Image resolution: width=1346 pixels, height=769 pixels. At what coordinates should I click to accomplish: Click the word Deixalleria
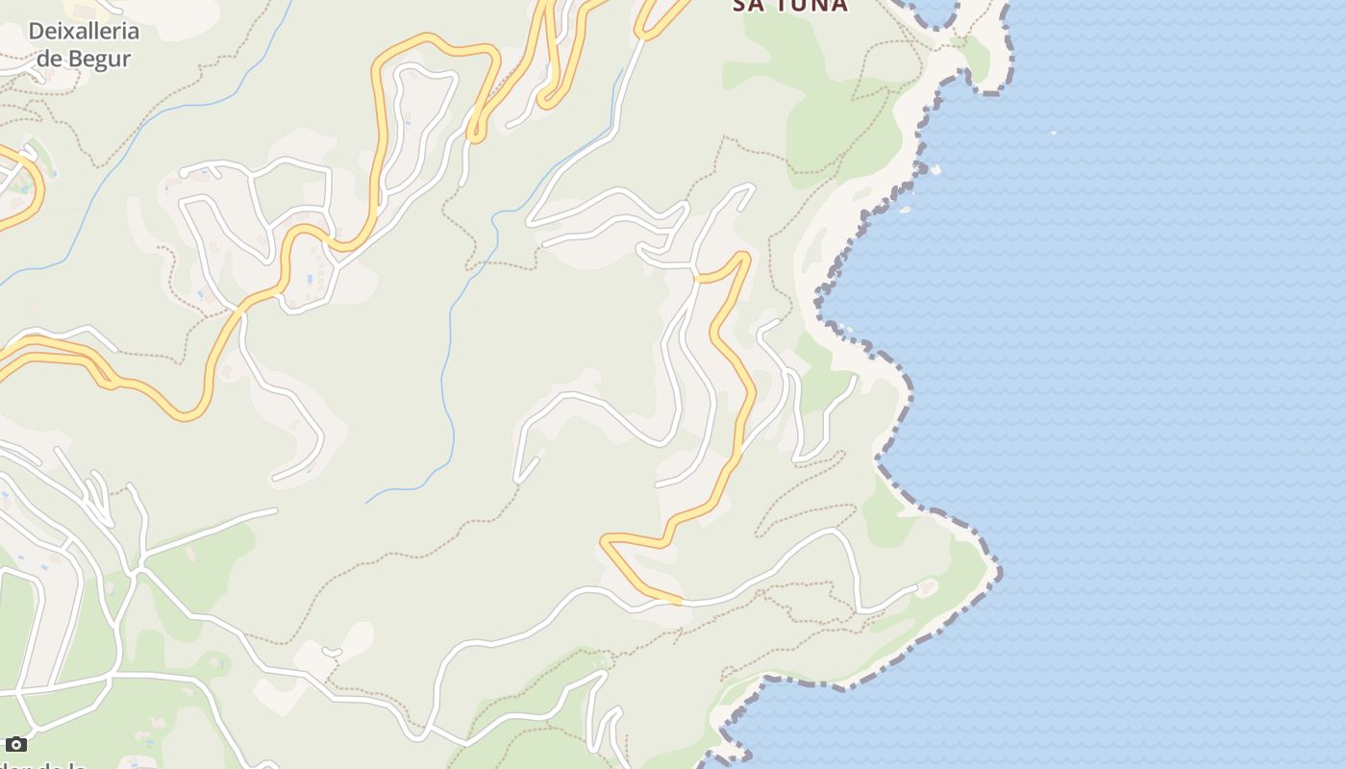tap(84, 31)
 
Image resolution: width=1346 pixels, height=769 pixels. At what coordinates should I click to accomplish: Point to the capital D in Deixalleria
tap(36, 31)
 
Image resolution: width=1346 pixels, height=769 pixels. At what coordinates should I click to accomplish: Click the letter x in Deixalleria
tap(67, 31)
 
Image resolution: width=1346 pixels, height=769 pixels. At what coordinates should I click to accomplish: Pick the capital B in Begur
tap(84, 58)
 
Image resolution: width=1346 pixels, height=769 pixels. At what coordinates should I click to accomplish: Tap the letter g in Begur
tap(105, 60)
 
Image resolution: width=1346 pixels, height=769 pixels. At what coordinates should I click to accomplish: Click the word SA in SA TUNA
tap(747, 5)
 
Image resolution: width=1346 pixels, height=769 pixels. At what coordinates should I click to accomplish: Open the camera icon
tap(15, 744)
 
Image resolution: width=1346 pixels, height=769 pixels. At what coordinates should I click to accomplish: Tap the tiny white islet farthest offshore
tap(1054, 133)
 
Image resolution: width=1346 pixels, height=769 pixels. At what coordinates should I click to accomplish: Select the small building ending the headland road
tap(927, 585)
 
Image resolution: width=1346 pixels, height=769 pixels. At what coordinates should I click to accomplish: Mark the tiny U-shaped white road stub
tap(332, 653)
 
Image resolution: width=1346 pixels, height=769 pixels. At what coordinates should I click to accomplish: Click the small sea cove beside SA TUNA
tap(933, 12)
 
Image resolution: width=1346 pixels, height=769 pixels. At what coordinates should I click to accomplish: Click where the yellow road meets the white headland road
tap(681, 602)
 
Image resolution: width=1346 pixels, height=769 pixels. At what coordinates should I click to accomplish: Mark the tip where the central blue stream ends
tap(366, 503)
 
